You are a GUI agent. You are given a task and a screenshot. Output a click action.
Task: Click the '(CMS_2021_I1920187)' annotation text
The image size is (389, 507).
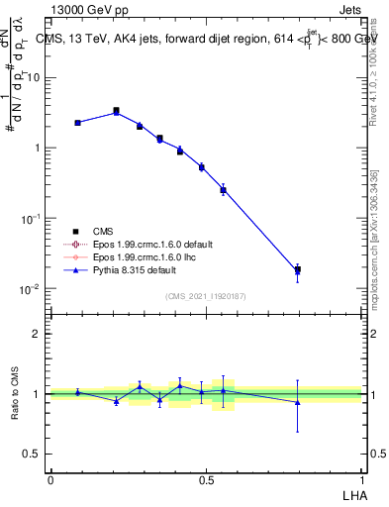207,294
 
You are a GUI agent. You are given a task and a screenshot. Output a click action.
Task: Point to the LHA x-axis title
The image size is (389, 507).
351,494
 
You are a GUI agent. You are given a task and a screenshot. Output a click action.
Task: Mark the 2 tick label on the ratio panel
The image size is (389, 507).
39,334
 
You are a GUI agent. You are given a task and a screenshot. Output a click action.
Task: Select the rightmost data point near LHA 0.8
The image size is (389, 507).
297,269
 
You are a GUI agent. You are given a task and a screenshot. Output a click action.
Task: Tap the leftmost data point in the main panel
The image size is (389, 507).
77,123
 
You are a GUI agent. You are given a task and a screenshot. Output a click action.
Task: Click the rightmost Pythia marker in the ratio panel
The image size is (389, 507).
297,402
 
